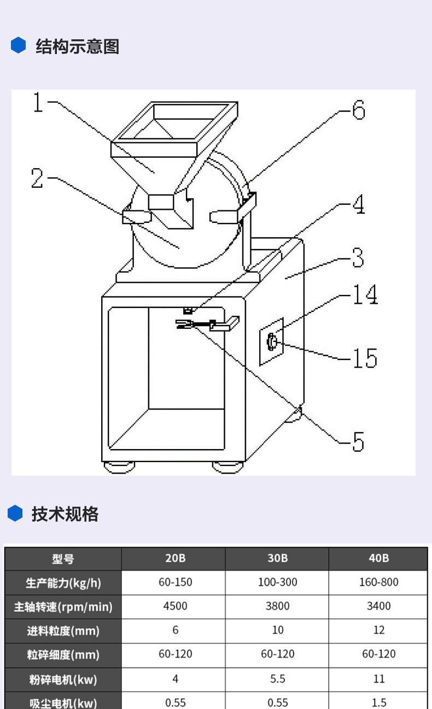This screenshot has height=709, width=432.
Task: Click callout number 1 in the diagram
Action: point(38,102)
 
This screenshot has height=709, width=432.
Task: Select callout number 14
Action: point(364,295)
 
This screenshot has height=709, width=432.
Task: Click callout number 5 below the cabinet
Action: point(358,441)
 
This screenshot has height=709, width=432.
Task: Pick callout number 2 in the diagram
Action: point(37,179)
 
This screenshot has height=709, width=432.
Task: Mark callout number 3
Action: point(358,257)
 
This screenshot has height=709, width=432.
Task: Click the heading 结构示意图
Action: point(77,46)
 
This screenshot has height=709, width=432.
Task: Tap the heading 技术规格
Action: point(65,514)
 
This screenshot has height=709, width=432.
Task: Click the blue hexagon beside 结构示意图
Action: point(19,45)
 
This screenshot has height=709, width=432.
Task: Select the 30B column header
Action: point(277,558)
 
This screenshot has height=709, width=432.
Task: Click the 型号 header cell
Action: point(63,559)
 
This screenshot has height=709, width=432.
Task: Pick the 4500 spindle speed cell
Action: point(175,606)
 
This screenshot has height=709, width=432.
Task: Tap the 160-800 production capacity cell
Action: point(378,582)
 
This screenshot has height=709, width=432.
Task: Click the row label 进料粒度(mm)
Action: point(63,631)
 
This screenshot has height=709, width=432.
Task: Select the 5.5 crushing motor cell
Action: point(277,678)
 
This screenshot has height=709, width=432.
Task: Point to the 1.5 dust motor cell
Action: point(378,702)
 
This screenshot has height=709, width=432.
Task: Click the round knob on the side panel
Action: point(271,342)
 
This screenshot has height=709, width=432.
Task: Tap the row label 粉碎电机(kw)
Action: point(63,679)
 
